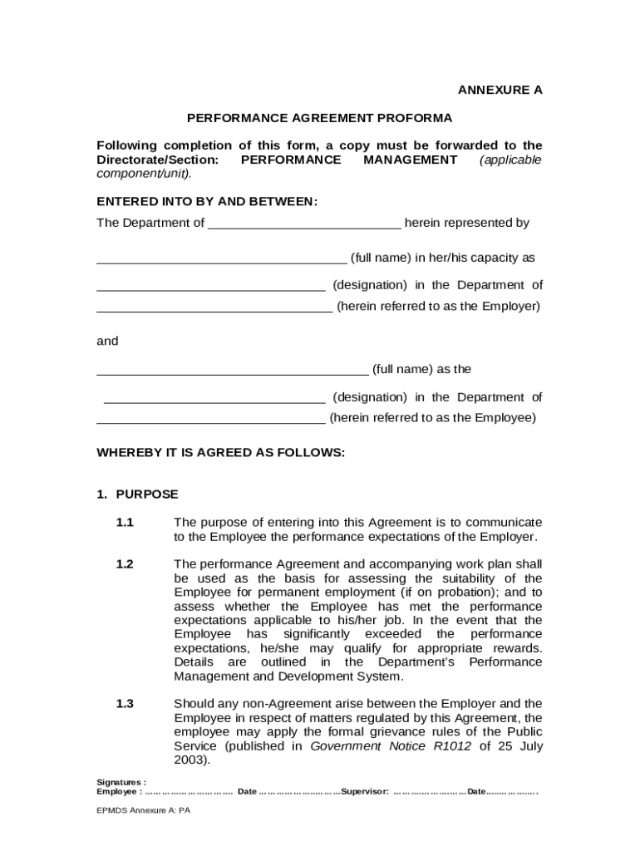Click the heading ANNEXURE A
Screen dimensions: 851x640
pyautogui.click(x=500, y=90)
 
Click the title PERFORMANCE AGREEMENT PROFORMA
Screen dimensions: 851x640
pyautogui.click(x=319, y=118)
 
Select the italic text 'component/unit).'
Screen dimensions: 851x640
pyautogui.click(x=144, y=174)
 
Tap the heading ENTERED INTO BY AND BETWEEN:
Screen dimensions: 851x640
pyautogui.click(x=207, y=201)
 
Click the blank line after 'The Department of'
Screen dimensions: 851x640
pyautogui.click(x=304, y=224)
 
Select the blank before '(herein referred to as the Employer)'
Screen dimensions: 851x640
pyautogui.click(x=214, y=307)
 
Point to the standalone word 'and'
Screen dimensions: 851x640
pyautogui.click(x=107, y=341)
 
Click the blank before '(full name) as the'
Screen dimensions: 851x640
pyautogui.click(x=233, y=370)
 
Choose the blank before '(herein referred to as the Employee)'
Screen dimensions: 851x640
pyautogui.click(x=211, y=419)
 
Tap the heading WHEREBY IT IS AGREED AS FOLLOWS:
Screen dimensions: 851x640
pyautogui.click(x=220, y=453)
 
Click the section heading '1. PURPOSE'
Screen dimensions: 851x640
pyautogui.click(x=137, y=494)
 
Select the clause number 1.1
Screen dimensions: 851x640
pyautogui.click(x=125, y=523)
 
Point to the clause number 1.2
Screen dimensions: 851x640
pyautogui.click(x=125, y=564)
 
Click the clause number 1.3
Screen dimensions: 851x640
pyautogui.click(x=125, y=704)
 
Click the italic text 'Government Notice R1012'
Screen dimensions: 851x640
pyautogui.click(x=391, y=746)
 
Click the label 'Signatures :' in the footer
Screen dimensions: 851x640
pyautogui.click(x=121, y=782)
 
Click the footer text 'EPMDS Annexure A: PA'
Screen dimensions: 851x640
pyautogui.click(x=143, y=811)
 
